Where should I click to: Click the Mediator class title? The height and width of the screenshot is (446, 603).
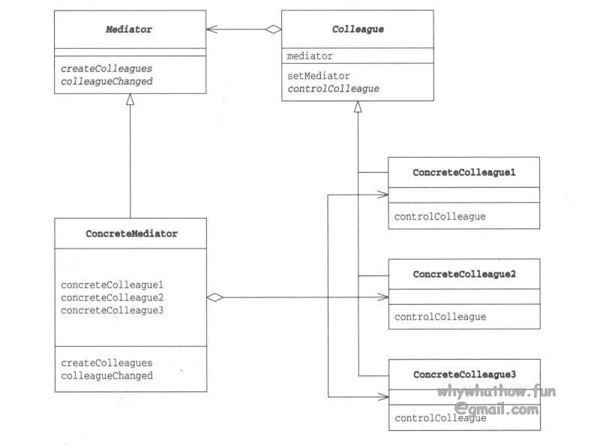(x=130, y=29)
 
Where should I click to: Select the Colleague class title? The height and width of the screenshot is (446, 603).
(x=357, y=29)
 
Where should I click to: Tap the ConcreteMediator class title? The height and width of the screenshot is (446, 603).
(x=131, y=234)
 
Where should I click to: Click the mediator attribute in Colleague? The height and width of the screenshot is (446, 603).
(x=310, y=56)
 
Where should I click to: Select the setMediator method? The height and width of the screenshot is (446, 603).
(x=318, y=76)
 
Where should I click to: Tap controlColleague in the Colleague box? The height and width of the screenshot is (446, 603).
(x=333, y=88)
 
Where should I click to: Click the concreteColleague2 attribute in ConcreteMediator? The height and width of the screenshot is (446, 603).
(x=112, y=297)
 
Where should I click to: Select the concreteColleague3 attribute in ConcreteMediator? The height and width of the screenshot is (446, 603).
(x=112, y=309)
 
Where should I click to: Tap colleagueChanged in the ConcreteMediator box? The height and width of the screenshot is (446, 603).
(x=107, y=375)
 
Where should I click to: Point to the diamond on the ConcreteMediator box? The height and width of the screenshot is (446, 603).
(x=215, y=297)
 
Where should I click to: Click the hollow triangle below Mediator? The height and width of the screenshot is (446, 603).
(x=130, y=99)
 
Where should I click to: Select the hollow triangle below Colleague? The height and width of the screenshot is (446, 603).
(x=358, y=107)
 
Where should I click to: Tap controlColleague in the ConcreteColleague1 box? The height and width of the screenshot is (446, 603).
(x=440, y=216)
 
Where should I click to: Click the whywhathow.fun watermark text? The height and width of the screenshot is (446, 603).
(x=497, y=392)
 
